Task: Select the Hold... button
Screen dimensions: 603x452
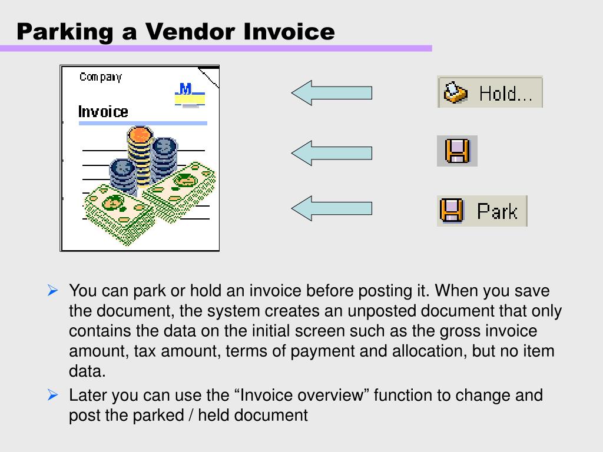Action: coord(489,92)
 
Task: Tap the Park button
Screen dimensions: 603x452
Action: coord(482,211)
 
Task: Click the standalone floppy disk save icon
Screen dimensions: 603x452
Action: coord(457,151)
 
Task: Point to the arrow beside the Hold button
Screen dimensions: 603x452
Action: coord(332,93)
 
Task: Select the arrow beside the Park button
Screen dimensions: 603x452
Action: coord(332,208)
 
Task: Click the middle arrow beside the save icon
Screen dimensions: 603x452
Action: coord(332,153)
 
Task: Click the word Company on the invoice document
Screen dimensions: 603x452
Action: coord(101,77)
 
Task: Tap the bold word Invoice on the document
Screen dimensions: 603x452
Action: coord(103,112)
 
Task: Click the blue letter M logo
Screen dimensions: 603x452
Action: coord(185,89)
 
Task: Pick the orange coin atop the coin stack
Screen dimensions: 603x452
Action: coord(140,135)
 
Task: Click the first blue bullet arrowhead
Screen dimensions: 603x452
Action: coord(52,290)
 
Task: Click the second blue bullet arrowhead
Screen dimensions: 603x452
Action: coord(52,395)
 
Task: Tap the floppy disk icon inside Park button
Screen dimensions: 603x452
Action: coord(452,211)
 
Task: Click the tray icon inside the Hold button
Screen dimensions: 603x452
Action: coord(455,92)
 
